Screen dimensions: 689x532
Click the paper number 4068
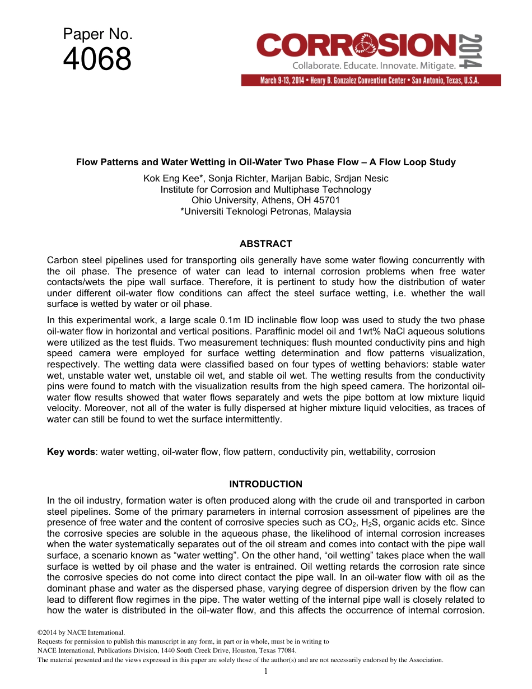(97, 59)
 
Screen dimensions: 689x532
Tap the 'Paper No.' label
(97, 35)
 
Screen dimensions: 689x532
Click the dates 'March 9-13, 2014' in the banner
(282, 81)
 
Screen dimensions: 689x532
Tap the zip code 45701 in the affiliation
(328, 200)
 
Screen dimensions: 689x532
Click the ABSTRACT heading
(265, 244)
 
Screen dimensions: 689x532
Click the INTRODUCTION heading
(265, 484)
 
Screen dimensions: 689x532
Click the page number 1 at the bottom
(266, 671)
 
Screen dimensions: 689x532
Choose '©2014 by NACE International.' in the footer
(77, 632)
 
